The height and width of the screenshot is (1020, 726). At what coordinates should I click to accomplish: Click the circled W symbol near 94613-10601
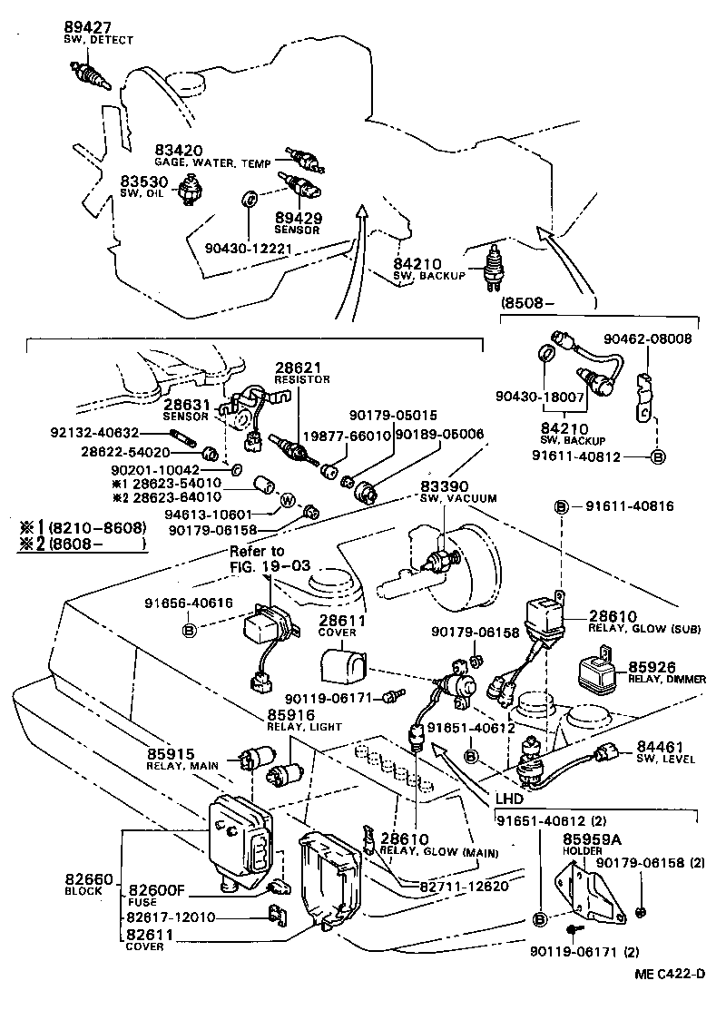coord(288,500)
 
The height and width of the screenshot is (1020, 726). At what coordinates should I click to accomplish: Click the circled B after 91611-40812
coord(659,456)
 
